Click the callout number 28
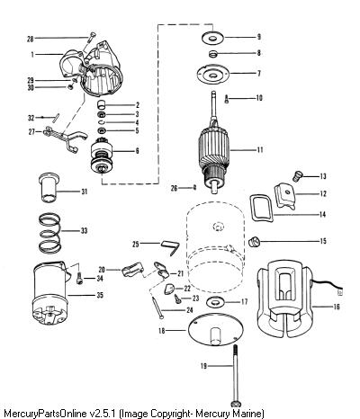pyautogui.click(x=30, y=39)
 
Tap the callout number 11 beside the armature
pyautogui.click(x=260, y=149)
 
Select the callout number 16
pyautogui.click(x=337, y=307)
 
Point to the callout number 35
pyautogui.click(x=100, y=295)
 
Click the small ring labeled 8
pyautogui.click(x=212, y=54)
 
